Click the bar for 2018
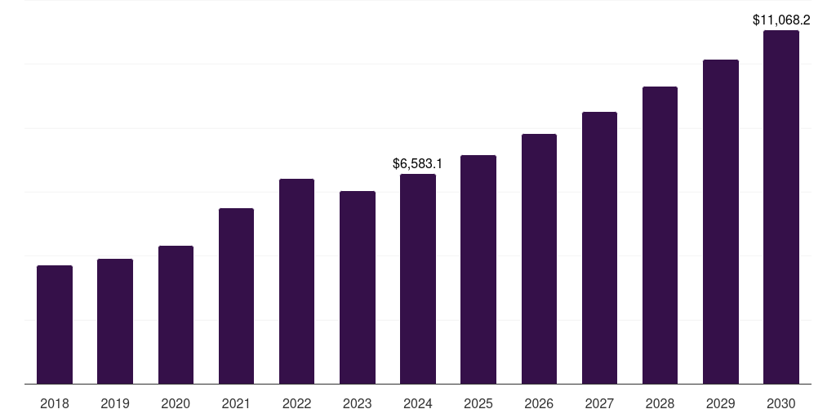point(55,324)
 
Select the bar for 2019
point(115,321)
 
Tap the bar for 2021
point(236,296)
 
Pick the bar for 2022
point(296,281)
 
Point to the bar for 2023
point(358,287)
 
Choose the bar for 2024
point(418,278)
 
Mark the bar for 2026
point(539,259)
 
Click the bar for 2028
point(660,235)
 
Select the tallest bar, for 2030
point(780,207)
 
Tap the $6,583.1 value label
point(418,164)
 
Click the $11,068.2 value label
point(780,20)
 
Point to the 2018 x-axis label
point(55,403)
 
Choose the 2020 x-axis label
point(176,403)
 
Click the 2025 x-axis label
point(478,403)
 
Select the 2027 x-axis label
point(599,403)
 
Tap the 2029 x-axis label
point(720,403)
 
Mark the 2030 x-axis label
point(780,403)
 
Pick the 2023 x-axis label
point(358,403)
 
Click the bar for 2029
point(720,221)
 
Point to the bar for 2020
point(176,314)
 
